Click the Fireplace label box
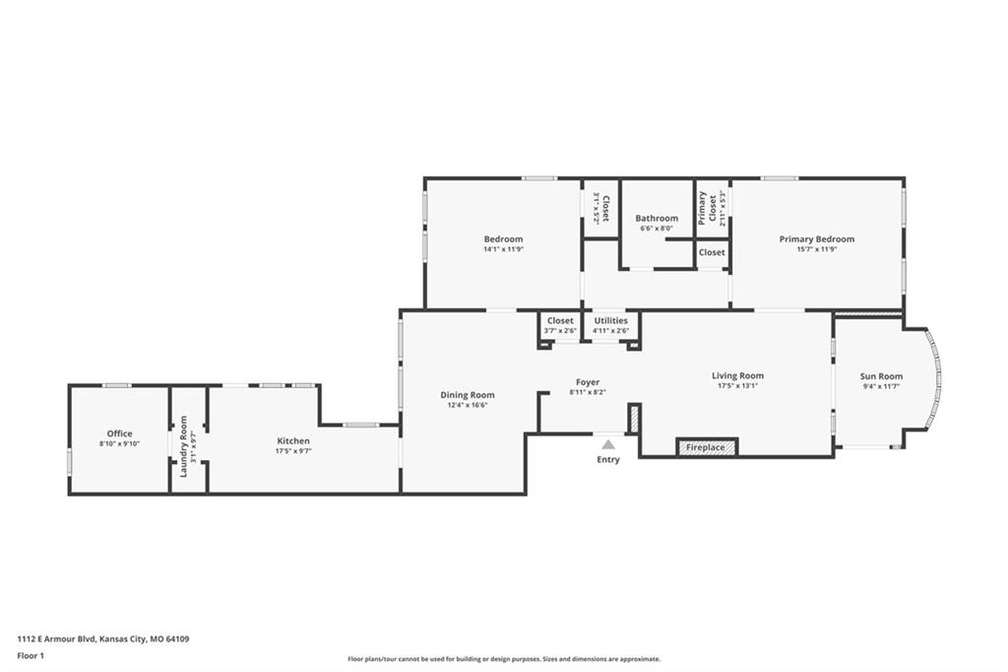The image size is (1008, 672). coord(707,446)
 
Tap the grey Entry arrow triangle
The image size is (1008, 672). coord(608,443)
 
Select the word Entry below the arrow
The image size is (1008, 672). coord(608,459)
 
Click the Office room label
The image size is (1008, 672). coord(119,434)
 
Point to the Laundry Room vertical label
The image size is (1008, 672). coord(183,446)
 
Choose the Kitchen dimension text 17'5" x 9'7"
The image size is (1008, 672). coord(293,451)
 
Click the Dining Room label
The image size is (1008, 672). coord(468,395)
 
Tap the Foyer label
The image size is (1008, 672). coord(588,382)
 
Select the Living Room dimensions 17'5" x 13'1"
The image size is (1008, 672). coord(738,386)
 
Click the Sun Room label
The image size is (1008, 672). coord(881,376)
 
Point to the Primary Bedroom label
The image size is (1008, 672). coord(817,239)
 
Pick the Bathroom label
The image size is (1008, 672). coord(657,218)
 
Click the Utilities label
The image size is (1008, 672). coord(610,320)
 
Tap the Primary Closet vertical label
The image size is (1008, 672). coord(707,207)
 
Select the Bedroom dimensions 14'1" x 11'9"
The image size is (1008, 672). coord(503,249)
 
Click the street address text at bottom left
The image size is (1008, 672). coord(102,639)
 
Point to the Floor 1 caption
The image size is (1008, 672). coord(31,656)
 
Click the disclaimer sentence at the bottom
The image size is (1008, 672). coord(504,659)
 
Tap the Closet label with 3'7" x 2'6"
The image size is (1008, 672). coord(560,320)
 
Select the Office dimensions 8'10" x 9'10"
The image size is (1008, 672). coord(119,443)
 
